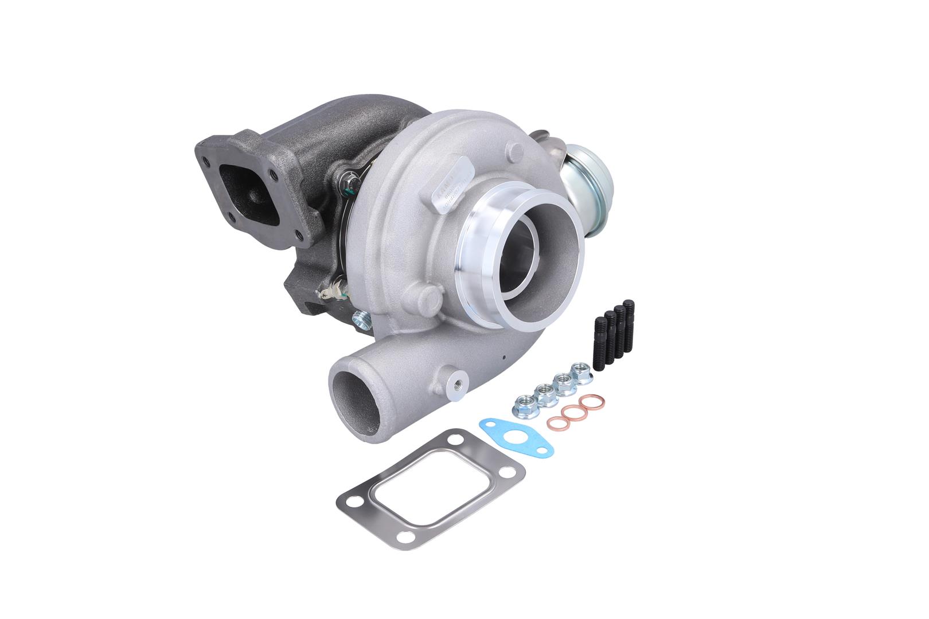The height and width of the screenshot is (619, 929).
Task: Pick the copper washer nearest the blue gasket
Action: pyautogui.click(x=555, y=425)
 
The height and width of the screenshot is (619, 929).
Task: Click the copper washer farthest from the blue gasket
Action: pyautogui.click(x=587, y=403)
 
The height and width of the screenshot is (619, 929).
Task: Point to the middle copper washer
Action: pyautogui.click(x=571, y=413)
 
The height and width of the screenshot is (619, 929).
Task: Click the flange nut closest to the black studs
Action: pyautogui.click(x=581, y=369)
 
